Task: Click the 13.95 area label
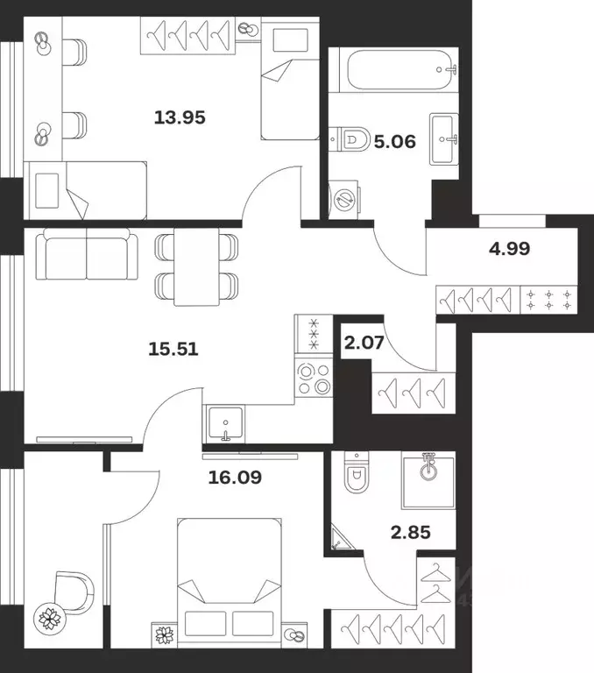[x=180, y=117]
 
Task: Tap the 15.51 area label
[x=173, y=349]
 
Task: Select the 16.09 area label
[x=235, y=478]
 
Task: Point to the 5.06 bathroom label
[x=395, y=141]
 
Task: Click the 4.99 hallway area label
[x=509, y=249]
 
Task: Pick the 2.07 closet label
[x=364, y=343]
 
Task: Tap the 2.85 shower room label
[x=411, y=533]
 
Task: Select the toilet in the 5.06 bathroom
[x=350, y=139]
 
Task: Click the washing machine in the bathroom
[x=343, y=200]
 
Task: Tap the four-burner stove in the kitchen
[x=314, y=378]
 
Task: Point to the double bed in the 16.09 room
[x=230, y=583]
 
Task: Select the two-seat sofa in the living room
[x=87, y=253]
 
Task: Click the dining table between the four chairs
[x=196, y=266]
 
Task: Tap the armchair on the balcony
[x=74, y=592]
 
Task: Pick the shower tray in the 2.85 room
[x=428, y=482]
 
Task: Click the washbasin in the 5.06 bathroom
[x=444, y=138]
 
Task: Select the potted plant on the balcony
[x=48, y=619]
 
